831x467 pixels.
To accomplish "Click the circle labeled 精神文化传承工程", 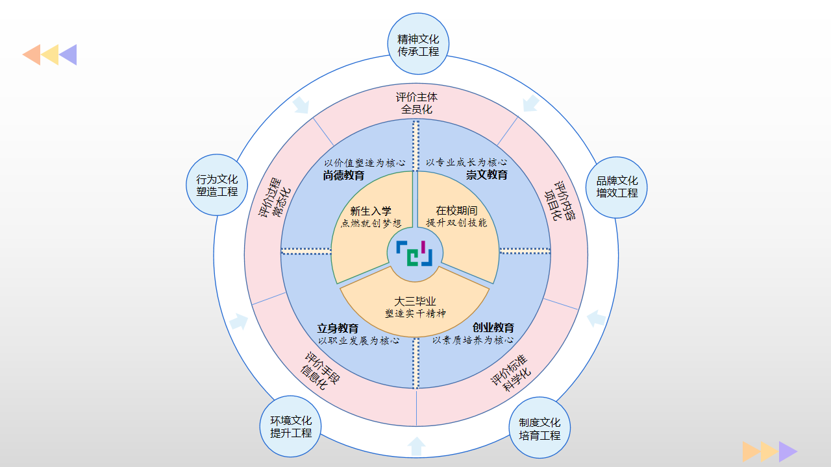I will click(418, 45).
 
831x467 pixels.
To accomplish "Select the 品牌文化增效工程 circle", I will click(617, 187).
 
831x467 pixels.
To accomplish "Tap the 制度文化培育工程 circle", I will click(540, 428).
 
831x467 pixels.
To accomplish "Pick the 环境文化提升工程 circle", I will click(291, 426).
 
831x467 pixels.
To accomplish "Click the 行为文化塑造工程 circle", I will click(217, 185).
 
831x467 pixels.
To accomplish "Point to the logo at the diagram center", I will click(415, 253).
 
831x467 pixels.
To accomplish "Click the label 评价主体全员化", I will click(417, 103).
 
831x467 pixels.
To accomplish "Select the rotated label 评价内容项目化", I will click(560, 202).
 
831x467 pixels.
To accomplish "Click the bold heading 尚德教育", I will click(343, 175).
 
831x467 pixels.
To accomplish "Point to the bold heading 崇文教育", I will click(486, 175).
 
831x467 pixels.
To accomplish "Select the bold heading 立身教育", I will click(338, 328).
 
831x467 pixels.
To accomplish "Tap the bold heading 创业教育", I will click(493, 328).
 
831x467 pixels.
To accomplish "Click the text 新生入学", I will click(371, 211).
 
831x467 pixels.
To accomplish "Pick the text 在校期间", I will click(456, 211).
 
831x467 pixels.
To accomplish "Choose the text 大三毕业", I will click(415, 302).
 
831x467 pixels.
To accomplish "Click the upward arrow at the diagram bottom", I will click(416, 446).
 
